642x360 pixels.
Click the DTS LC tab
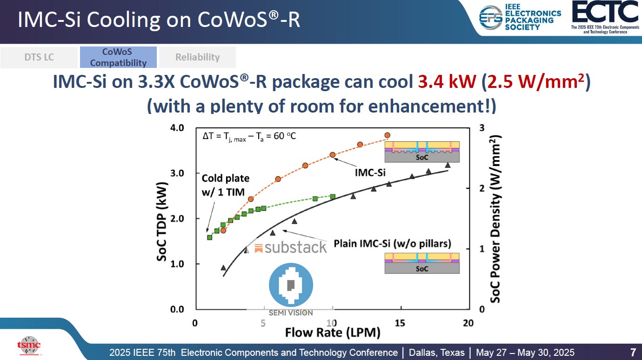pos(39,57)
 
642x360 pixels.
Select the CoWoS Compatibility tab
pos(118,57)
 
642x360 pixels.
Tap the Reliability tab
pos(197,57)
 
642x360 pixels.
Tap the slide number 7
pos(633,352)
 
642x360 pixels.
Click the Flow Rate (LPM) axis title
pos(333,333)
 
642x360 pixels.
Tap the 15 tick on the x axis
pos(400,323)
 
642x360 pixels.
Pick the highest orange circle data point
pos(387,135)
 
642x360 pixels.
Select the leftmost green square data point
pos(210,237)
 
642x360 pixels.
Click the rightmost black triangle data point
pos(448,165)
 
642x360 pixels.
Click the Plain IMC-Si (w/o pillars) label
pos(392,244)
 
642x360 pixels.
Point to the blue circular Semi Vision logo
pos(291,285)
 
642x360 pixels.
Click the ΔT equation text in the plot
pos(249,136)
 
